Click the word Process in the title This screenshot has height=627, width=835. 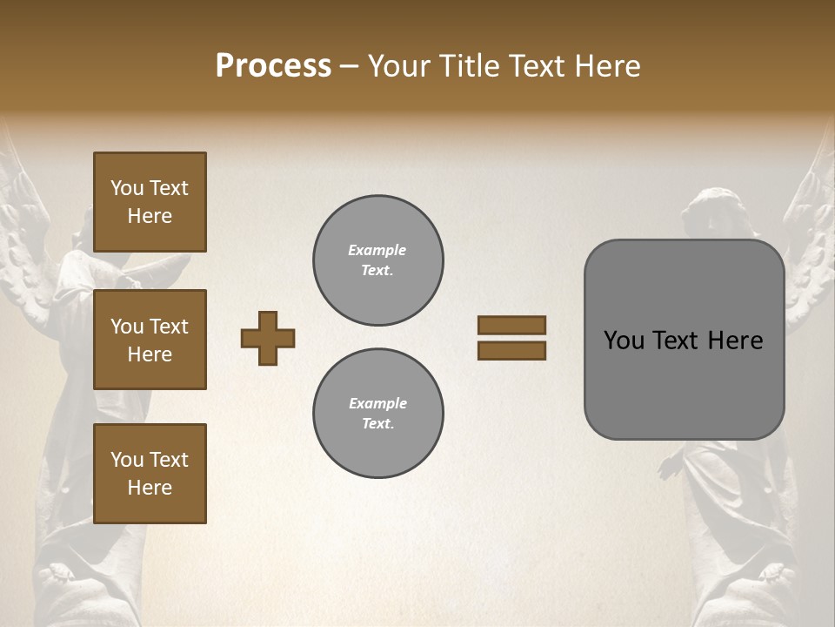point(273,66)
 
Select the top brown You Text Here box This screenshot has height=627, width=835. point(150,202)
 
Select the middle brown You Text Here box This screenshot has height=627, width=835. point(150,340)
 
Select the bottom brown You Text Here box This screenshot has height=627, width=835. point(150,474)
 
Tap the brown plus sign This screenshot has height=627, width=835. point(268,338)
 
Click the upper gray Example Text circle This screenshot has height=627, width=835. point(378,260)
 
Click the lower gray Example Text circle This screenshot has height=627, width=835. point(378,414)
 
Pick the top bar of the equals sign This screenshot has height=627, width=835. point(511,325)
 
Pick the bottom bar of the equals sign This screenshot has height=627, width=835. point(511,351)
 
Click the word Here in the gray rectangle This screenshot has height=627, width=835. point(735,340)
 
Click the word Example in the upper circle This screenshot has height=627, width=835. point(377,250)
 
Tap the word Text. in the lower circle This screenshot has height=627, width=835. point(378,424)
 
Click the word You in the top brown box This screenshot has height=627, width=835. point(127,188)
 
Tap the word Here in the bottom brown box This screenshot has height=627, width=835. point(150,488)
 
